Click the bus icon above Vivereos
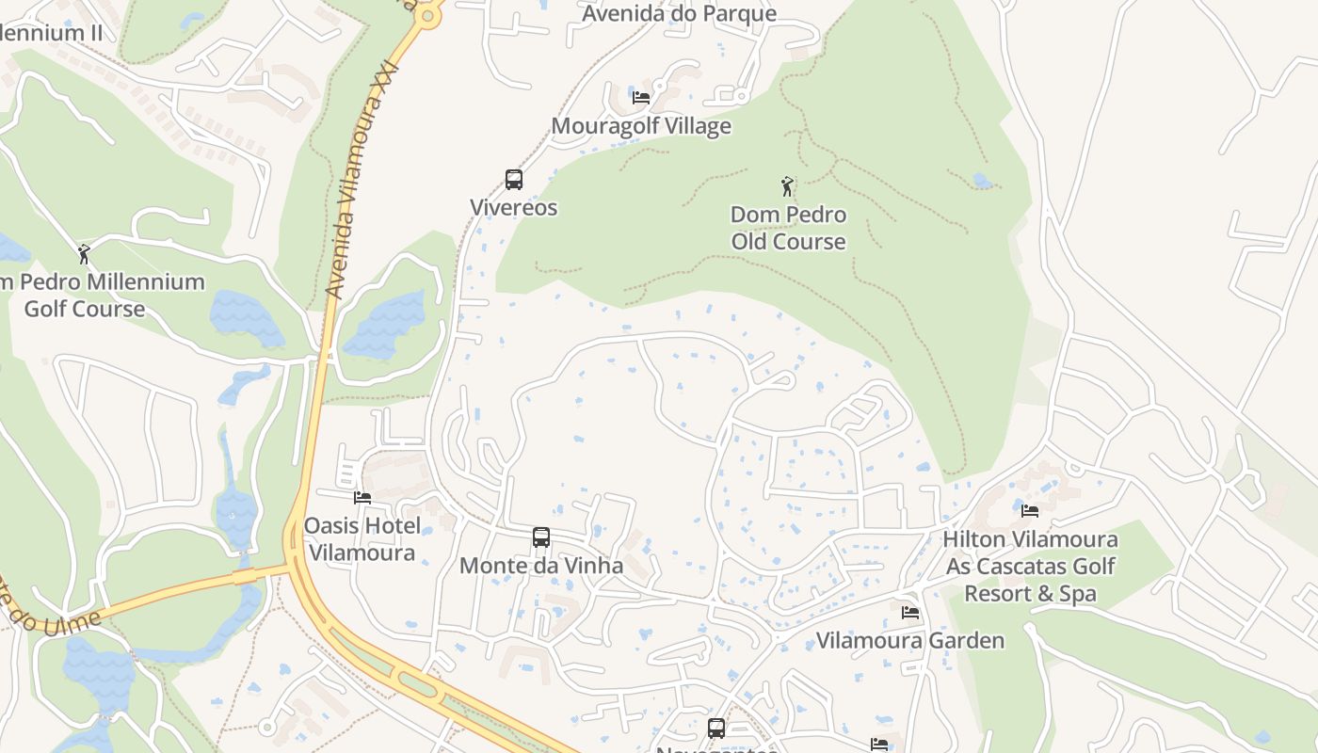[x=514, y=180]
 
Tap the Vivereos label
[x=514, y=208]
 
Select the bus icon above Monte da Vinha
[x=541, y=537]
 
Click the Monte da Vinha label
[x=541, y=566]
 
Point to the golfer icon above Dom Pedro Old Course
[x=787, y=186]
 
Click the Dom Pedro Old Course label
[x=789, y=229]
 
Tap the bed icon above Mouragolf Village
[x=641, y=97]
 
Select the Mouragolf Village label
[x=641, y=126]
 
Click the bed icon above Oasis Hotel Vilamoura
[x=362, y=497]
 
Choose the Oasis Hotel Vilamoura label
[x=362, y=539]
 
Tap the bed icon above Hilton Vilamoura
[x=1030, y=511]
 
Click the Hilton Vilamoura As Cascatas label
[x=1030, y=567]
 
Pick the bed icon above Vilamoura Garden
[x=910, y=612]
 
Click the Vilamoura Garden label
[x=910, y=641]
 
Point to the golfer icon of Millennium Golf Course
[x=84, y=254]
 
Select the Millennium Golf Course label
[x=94, y=296]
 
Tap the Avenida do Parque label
[x=679, y=13]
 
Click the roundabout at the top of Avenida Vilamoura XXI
[x=429, y=16]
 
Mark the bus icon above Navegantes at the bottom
[x=716, y=728]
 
